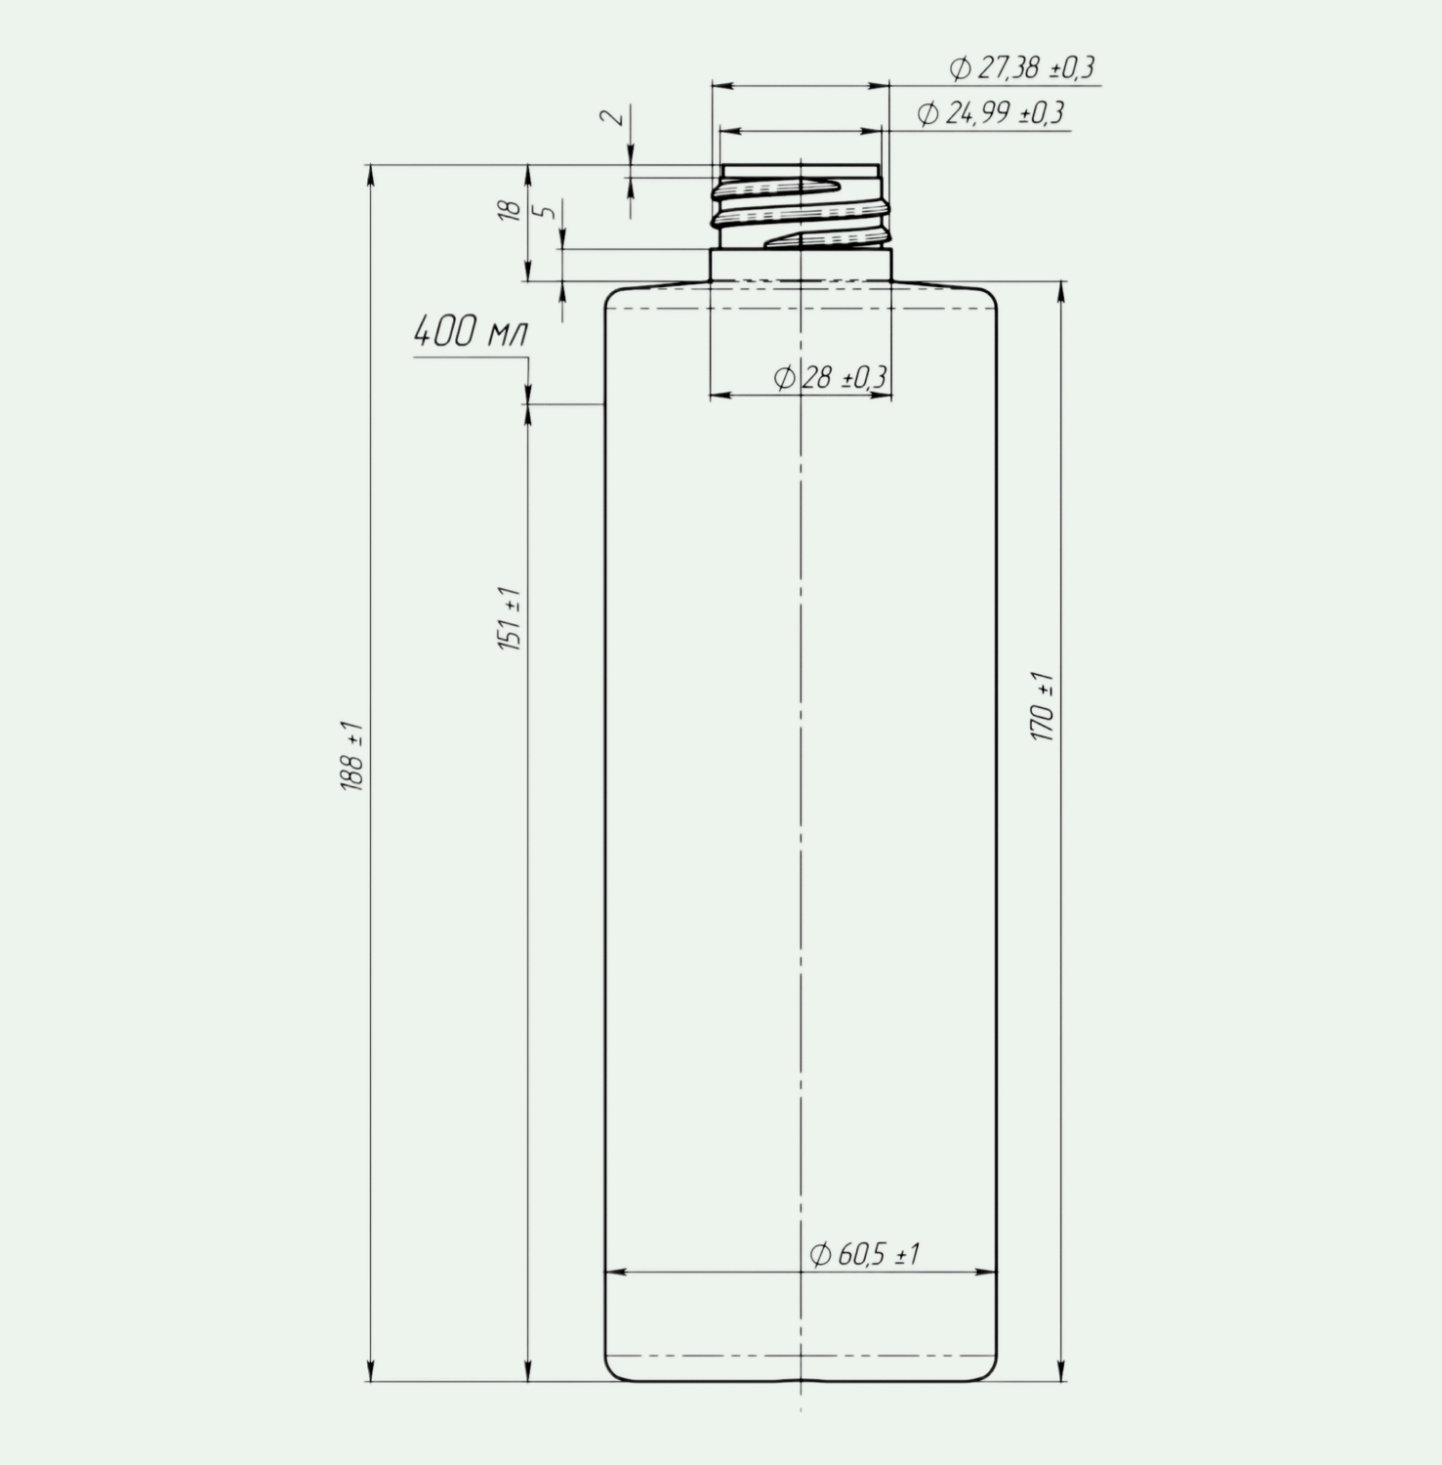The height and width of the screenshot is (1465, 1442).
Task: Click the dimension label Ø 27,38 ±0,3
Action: [x=1022, y=67]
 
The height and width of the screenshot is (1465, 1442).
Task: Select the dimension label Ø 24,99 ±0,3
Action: [x=991, y=113]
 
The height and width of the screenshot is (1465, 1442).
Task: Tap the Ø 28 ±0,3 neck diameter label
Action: [x=831, y=377]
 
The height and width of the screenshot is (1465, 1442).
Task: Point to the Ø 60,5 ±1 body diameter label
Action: [x=865, y=1254]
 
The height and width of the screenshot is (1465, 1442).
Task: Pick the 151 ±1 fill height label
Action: [x=511, y=619]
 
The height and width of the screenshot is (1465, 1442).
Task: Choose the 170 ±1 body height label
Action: [x=1043, y=706]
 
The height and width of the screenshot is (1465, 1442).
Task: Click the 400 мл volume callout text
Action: [x=470, y=332]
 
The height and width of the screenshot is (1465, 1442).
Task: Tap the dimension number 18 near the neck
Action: [x=509, y=210]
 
